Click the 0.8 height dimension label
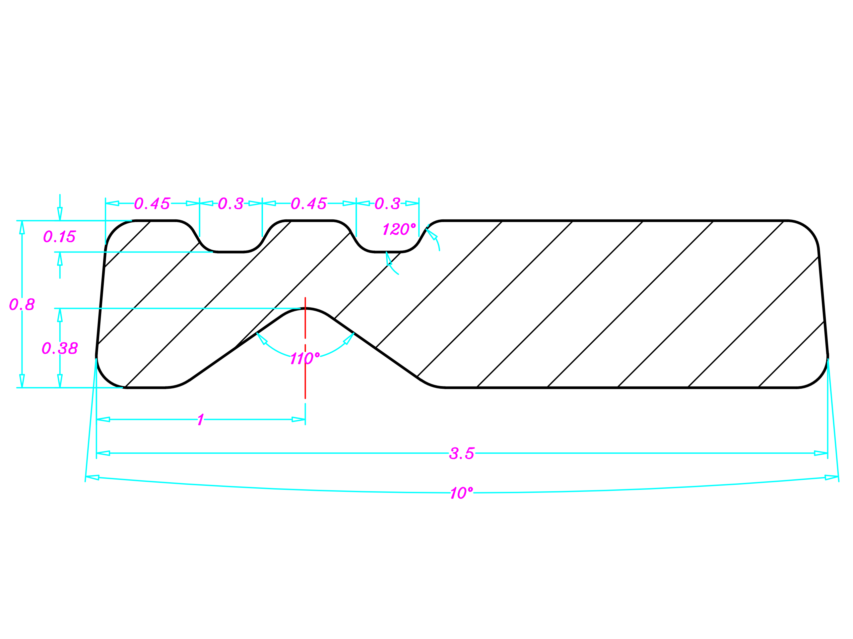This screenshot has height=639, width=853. pos(22,305)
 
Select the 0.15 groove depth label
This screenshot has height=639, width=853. pos(59,237)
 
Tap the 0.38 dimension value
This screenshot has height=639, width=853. pos(60,348)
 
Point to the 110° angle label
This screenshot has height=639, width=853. pos(305,358)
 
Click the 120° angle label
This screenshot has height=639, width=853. pos(399,229)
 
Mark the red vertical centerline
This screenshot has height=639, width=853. pos(305,370)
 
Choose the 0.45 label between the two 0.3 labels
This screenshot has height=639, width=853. pos(308,203)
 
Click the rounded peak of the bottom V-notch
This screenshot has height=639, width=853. pos(305,309)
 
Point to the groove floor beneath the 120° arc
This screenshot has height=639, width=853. pos(388,252)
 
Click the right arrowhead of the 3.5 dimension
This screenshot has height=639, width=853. pos(820,453)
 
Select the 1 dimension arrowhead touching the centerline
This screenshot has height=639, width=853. pos(299,419)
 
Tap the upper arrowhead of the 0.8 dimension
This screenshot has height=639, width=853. pos(22,227)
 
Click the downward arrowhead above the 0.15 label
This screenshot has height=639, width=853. pos(60,214)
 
